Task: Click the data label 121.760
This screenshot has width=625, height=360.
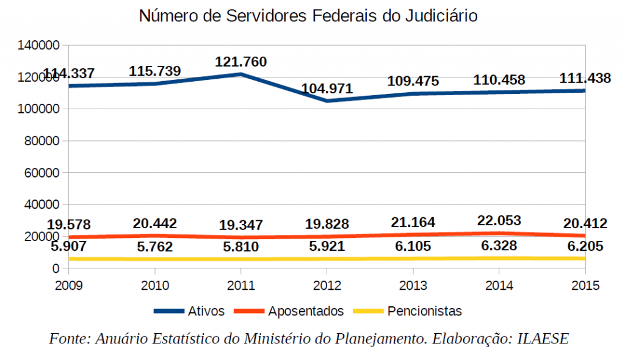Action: [240, 62]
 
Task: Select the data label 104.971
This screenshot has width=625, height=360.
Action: [327, 88]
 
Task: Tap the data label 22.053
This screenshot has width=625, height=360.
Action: [499, 221]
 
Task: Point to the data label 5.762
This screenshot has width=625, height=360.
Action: [155, 247]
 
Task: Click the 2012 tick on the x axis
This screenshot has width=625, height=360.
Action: [327, 284]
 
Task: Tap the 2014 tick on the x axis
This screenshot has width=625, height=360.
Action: [499, 284]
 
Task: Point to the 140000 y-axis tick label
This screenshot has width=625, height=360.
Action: [38, 45]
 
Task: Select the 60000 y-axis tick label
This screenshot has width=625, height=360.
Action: [42, 173]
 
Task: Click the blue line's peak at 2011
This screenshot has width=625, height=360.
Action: [241, 74]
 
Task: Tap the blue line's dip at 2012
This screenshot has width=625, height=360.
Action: [327, 101]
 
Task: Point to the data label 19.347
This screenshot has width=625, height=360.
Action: [240, 226]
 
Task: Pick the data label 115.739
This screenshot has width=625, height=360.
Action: [155, 71]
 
